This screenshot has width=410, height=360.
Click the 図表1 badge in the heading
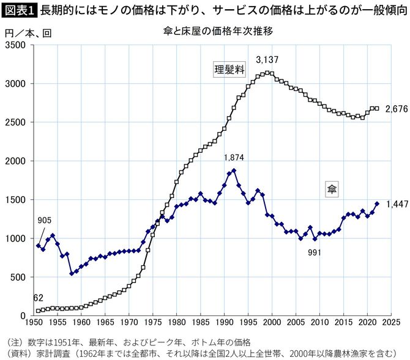click(x=20, y=10)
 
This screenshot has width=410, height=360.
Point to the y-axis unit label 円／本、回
click(x=26, y=32)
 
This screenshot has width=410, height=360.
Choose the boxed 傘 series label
click(x=330, y=190)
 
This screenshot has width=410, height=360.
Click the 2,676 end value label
click(x=397, y=109)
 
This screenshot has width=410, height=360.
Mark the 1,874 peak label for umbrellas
click(x=234, y=158)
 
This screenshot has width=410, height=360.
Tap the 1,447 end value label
click(x=397, y=204)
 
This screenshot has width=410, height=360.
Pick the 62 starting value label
click(x=38, y=298)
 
